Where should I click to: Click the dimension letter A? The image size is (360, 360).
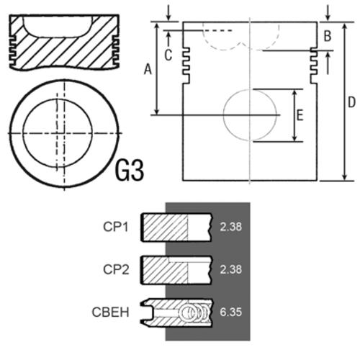[x=148, y=69]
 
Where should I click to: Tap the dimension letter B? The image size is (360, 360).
[x=328, y=36]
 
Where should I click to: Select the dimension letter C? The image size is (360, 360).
[x=168, y=55]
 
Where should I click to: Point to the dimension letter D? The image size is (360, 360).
[x=351, y=102]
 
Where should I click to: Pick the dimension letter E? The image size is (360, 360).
[x=300, y=115]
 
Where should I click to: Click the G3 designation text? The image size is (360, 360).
[x=130, y=171]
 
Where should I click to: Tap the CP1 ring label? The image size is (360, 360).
[x=116, y=227]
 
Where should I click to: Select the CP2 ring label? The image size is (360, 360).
[x=116, y=269]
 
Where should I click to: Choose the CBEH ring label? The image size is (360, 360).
[x=110, y=312]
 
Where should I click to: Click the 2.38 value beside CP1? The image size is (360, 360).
[x=231, y=227]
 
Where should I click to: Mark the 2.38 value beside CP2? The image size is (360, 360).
[x=231, y=269]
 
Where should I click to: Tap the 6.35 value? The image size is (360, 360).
[x=230, y=312]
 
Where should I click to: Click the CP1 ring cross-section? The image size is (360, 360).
[x=176, y=227]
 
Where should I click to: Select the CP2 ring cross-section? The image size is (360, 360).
[x=176, y=270]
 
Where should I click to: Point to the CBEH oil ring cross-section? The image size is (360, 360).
[x=176, y=312]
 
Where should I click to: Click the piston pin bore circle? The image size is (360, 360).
[x=223, y=115]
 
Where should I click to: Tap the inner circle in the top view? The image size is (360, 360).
[x=23, y=133]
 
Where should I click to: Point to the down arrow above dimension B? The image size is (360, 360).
[x=328, y=13]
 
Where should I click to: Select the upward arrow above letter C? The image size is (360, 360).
[x=168, y=39]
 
